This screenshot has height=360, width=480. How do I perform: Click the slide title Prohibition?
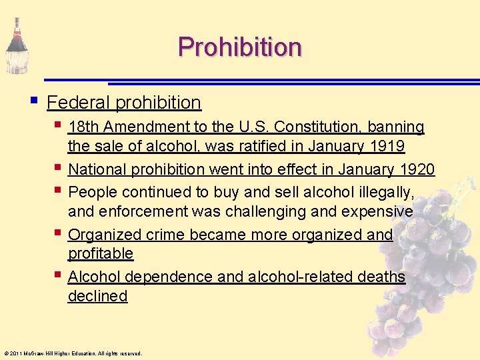click(x=239, y=47)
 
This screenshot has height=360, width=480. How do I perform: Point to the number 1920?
click(x=415, y=170)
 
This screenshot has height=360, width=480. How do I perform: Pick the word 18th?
click(x=84, y=127)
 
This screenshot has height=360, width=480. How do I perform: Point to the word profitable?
click(x=101, y=253)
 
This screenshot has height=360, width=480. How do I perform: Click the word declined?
click(x=97, y=295)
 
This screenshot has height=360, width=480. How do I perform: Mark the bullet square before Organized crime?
click(x=59, y=233)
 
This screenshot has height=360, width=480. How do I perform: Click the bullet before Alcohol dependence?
click(x=59, y=275)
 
